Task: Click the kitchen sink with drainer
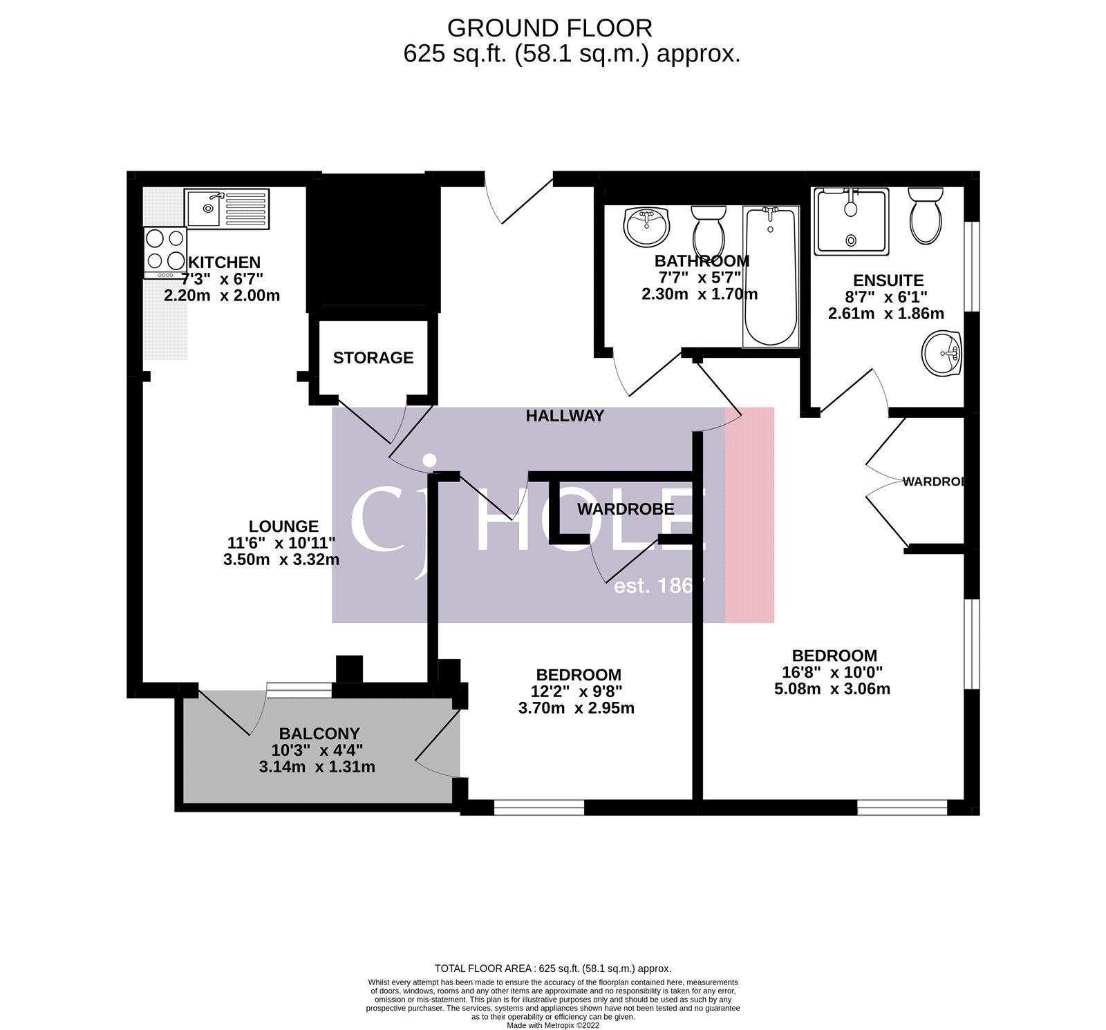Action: click(x=227, y=208)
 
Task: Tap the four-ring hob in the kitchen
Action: click(x=165, y=250)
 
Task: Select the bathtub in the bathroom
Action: click(x=770, y=276)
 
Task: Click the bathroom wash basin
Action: click(x=646, y=226)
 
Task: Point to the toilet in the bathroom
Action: click(x=709, y=230)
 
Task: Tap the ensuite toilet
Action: click(x=926, y=216)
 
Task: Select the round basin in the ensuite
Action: click(x=941, y=354)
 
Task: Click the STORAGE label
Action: click(x=373, y=358)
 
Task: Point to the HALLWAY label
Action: click(x=565, y=416)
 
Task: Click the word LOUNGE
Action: click(x=283, y=526)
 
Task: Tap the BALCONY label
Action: click(x=319, y=734)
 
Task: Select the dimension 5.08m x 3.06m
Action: click(x=832, y=689)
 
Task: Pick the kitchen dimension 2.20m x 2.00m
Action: click(x=222, y=296)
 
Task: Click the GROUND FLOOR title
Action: click(x=550, y=28)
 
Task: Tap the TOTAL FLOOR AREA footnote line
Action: click(x=552, y=969)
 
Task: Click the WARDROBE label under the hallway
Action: click(x=626, y=509)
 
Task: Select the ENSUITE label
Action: click(x=888, y=280)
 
